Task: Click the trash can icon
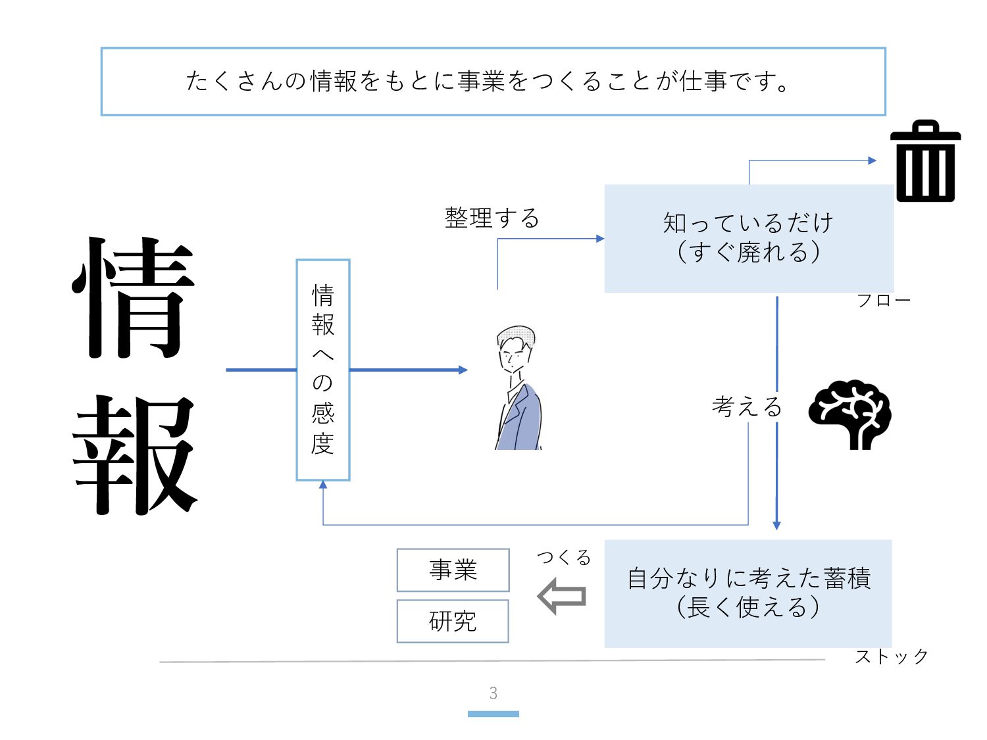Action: click(x=925, y=162)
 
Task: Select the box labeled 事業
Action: click(x=453, y=570)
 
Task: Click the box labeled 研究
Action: click(x=453, y=621)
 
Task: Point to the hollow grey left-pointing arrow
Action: click(x=561, y=596)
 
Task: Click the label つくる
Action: click(x=564, y=558)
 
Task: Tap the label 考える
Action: click(x=746, y=407)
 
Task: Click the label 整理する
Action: click(x=492, y=218)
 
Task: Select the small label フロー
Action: click(x=883, y=301)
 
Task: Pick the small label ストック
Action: click(x=891, y=656)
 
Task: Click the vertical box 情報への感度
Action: click(x=323, y=370)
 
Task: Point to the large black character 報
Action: click(x=135, y=455)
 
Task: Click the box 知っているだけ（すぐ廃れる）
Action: click(x=749, y=238)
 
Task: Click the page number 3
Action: click(x=493, y=693)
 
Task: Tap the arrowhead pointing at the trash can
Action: click(x=872, y=160)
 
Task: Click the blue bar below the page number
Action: click(x=493, y=714)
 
